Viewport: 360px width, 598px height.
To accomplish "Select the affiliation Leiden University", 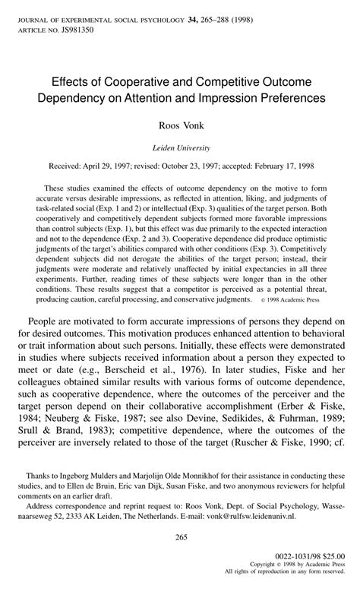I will point(180,147).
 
